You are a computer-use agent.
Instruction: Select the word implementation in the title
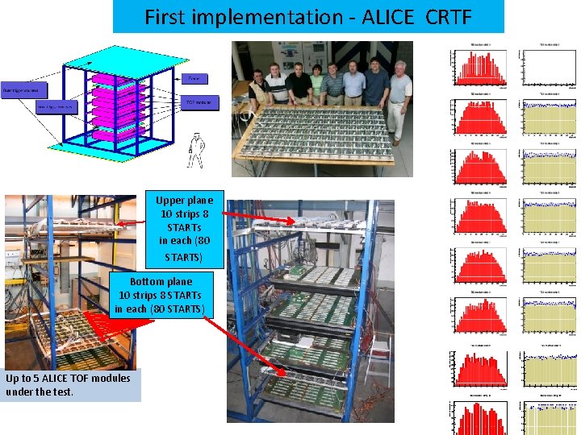pyautogui.click(x=274, y=16)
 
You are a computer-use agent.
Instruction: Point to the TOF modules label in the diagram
pyautogui.click(x=196, y=103)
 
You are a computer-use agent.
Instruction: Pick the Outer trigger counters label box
pyautogui.click(x=25, y=89)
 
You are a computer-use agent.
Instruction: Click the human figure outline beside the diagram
pyautogui.click(x=195, y=150)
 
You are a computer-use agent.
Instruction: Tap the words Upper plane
pyautogui.click(x=185, y=200)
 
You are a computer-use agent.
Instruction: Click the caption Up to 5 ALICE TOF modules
pyautogui.click(x=68, y=384)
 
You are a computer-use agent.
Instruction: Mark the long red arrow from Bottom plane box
pyautogui.click(x=246, y=346)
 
